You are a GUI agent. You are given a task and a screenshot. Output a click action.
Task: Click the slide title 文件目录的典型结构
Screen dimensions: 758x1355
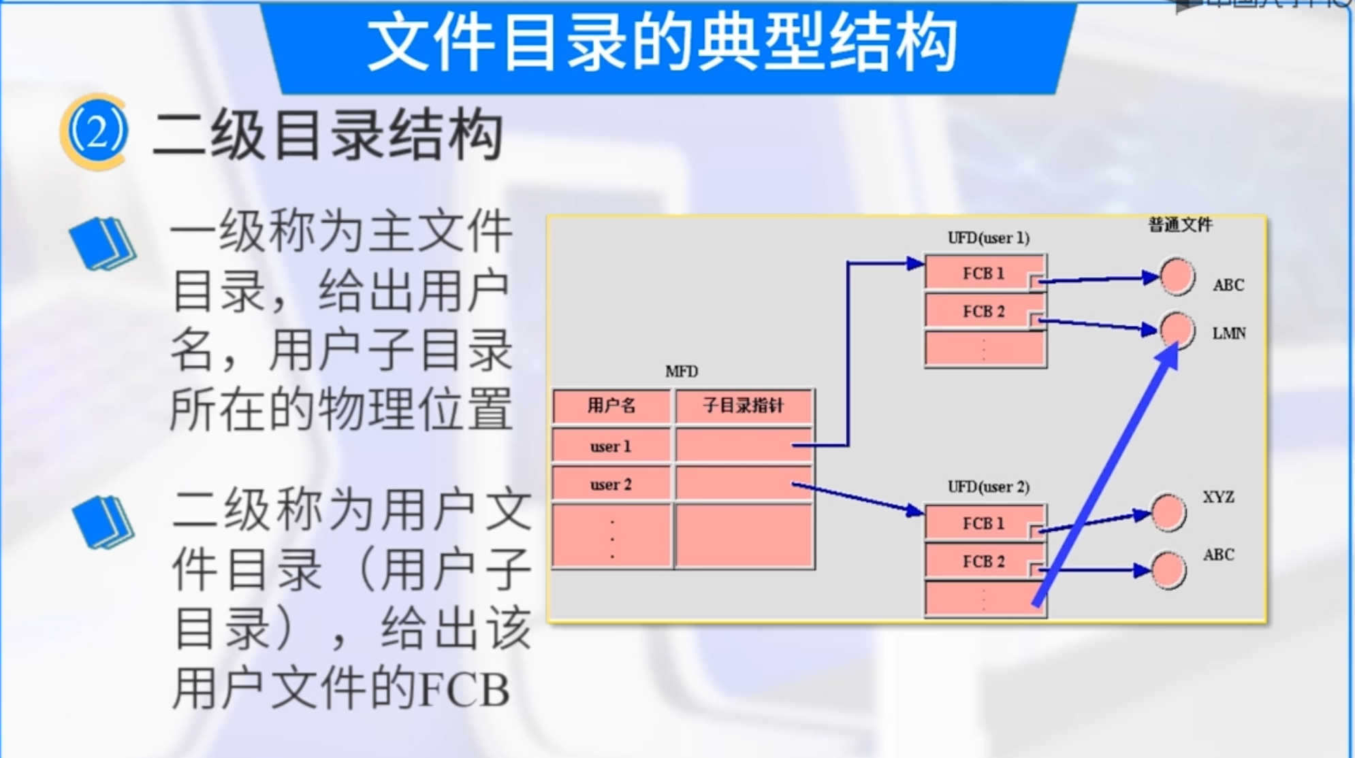662,44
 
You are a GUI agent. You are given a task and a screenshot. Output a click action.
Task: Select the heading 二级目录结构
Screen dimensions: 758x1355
328,135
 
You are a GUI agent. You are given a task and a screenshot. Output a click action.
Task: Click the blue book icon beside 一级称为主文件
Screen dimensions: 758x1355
102,244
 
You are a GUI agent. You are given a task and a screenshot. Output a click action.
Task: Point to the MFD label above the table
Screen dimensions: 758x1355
682,372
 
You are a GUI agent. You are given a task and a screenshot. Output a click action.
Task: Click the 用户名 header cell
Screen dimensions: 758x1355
611,406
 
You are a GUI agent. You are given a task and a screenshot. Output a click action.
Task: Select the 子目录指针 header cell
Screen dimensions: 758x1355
744,406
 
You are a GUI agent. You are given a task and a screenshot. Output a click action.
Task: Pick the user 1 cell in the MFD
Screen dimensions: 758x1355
611,446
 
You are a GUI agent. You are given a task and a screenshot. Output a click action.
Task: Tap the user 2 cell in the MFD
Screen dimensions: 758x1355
611,484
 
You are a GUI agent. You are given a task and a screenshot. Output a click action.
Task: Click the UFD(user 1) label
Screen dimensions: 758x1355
988,238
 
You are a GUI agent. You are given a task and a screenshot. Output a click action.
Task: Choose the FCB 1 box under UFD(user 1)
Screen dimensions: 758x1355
983,273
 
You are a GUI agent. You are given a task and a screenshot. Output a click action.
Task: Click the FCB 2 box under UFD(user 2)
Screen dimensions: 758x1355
983,561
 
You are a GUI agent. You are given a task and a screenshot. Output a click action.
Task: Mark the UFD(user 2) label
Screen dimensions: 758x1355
988,487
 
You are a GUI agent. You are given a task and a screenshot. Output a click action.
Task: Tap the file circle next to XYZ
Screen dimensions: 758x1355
1168,512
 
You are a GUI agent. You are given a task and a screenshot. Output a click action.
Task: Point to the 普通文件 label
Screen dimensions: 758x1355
1180,225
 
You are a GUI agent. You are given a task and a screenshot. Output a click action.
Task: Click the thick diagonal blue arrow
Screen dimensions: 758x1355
1105,476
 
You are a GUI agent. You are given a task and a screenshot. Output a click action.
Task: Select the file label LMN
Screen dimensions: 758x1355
1229,333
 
